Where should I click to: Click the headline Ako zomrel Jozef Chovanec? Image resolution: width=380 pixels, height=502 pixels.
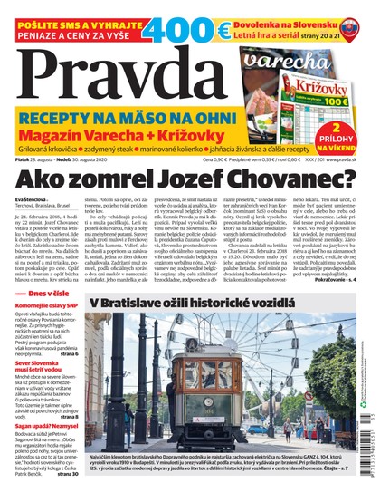(x=189, y=180)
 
